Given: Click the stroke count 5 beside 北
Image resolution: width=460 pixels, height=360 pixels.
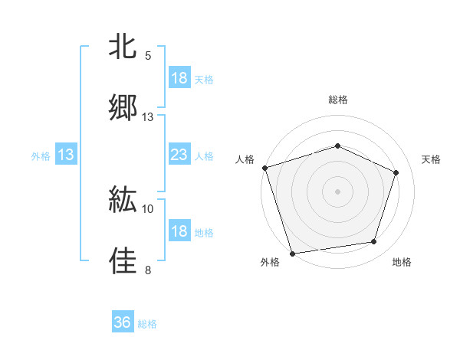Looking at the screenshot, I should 148,56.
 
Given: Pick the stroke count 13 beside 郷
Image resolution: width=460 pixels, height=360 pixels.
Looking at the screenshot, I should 148,116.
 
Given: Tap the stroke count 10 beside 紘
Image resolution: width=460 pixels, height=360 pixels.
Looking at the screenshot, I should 148,208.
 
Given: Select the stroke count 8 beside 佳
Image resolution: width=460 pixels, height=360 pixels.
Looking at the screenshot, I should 148,270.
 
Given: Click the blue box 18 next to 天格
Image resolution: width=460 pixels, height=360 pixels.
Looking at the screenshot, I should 179,78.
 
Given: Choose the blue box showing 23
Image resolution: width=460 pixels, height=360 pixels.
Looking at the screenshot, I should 179,155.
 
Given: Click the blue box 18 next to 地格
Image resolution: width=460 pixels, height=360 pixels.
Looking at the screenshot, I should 179,231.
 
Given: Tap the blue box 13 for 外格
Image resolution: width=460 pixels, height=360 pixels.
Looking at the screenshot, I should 66,155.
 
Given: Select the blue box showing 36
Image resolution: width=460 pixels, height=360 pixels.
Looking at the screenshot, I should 123,322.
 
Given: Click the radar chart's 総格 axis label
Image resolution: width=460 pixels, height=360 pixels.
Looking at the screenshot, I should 337,100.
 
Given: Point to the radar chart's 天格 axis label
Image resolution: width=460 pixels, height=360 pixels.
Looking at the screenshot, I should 432,159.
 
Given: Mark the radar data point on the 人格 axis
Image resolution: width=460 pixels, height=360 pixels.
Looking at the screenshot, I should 264,168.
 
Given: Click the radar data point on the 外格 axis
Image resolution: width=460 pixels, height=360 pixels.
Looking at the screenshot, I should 292,252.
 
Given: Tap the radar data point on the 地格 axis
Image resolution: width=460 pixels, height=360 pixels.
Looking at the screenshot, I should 374,242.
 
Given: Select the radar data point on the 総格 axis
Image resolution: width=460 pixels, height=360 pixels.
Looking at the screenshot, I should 337,146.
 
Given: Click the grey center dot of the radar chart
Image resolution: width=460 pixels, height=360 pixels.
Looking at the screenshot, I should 337,191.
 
